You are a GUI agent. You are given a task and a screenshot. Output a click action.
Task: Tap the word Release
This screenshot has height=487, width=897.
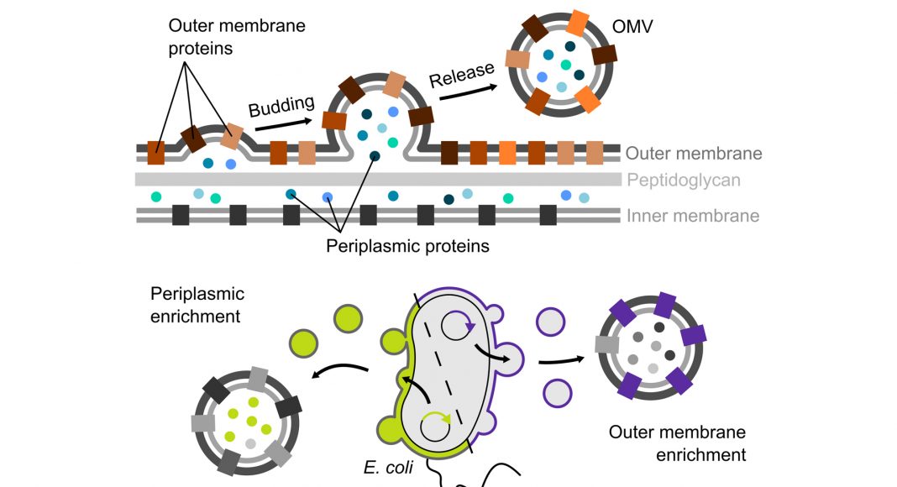click(x=461, y=76)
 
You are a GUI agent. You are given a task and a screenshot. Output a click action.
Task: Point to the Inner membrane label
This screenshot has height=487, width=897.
click(x=692, y=216)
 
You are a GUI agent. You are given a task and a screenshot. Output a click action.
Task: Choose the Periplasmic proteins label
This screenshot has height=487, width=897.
click(x=408, y=247)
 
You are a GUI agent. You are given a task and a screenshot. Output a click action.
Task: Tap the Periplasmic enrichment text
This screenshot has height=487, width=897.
click(x=197, y=305)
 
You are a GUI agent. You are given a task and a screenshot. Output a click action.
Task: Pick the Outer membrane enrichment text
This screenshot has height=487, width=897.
click(x=678, y=444)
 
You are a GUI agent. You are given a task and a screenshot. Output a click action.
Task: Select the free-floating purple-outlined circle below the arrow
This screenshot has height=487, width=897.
click(x=558, y=390)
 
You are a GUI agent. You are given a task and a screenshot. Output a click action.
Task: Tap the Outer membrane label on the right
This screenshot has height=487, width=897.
click(x=694, y=154)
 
